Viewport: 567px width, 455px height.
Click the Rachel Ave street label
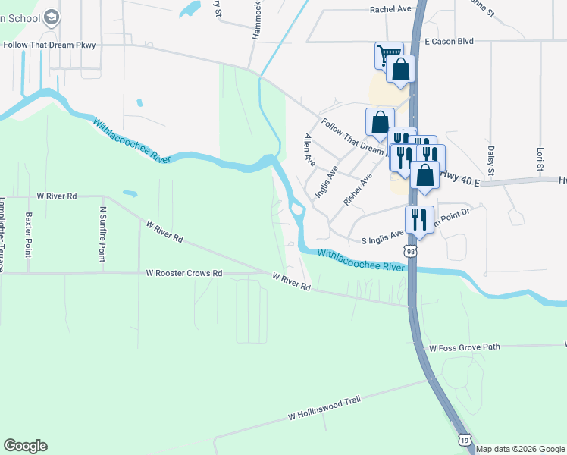(x=390, y=9)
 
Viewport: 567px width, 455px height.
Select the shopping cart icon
(x=388, y=55)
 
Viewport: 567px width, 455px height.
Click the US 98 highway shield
(x=410, y=251)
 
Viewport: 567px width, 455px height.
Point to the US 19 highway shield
(x=465, y=440)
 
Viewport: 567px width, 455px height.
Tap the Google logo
(x=25, y=446)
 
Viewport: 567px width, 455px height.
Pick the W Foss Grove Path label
(x=465, y=347)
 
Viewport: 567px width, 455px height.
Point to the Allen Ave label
(x=309, y=150)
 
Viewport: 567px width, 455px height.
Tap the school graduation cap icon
(x=52, y=17)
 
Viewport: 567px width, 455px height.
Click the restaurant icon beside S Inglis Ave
(x=419, y=219)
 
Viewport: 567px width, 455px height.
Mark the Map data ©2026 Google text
(x=521, y=449)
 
